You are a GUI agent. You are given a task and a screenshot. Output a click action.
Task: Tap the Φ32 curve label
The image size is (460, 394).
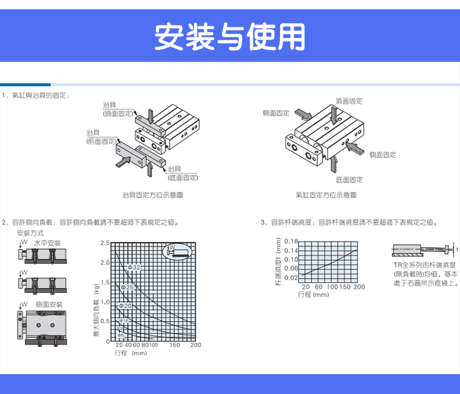(133, 267)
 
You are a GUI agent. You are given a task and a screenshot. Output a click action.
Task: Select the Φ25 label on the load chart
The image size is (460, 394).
(128, 287)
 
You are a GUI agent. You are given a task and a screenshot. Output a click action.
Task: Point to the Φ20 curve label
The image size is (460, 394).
(125, 305)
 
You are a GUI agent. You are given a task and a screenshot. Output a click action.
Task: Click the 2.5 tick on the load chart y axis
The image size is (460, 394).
(104, 242)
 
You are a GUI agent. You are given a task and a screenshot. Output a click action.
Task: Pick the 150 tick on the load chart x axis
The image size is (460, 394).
(174, 345)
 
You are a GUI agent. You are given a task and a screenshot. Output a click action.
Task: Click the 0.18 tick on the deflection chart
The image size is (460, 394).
(292, 241)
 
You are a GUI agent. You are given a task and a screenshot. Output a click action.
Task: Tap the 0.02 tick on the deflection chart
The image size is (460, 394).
(292, 277)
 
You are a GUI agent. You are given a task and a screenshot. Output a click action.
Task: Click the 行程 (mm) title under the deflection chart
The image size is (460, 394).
(313, 294)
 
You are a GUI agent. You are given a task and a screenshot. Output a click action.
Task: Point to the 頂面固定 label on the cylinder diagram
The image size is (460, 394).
(349, 101)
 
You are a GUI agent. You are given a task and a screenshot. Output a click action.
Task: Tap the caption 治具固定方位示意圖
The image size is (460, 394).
(153, 195)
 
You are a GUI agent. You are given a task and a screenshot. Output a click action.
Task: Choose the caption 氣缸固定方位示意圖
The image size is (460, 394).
(325, 195)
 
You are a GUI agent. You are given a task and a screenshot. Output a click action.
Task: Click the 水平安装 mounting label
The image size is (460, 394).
(47, 242)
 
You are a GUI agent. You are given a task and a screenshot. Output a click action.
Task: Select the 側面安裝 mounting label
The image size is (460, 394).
(49, 305)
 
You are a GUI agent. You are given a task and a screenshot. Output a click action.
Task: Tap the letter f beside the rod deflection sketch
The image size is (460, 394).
(457, 249)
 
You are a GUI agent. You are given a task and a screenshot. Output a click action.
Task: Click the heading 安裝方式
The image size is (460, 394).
(30, 233)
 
